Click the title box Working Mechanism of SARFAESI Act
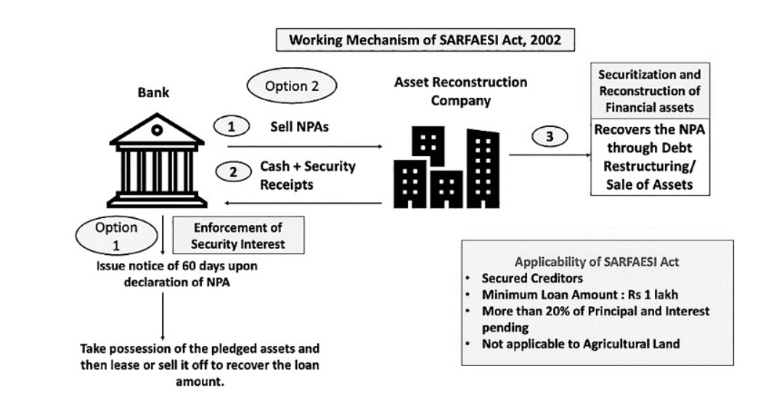tap(425, 40)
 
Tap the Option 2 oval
tap(292, 86)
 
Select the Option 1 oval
tap(117, 235)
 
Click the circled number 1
tap(231, 126)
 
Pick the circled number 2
tap(234, 171)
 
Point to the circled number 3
tap(550, 137)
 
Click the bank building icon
tap(157, 161)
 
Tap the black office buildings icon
tap(446, 167)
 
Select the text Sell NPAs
tap(299, 127)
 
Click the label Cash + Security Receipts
tap(308, 175)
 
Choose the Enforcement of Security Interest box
tap(238, 235)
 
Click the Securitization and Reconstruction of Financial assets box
tap(650, 91)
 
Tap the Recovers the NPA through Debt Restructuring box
tap(650, 157)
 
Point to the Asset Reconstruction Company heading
tap(461, 91)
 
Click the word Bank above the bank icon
tap(153, 92)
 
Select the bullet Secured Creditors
tap(532, 278)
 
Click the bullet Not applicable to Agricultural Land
tap(581, 344)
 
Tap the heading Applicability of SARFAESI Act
tap(597, 262)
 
